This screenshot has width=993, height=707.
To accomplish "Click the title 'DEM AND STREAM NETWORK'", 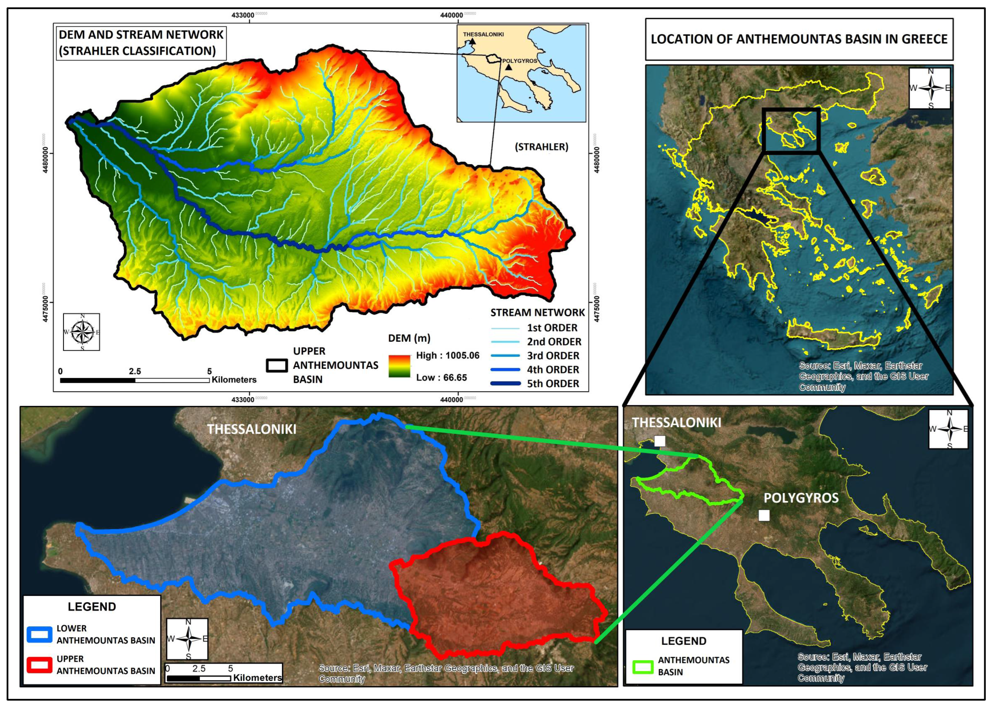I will coord(141,35).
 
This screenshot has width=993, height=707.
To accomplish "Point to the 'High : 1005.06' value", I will coord(447,355).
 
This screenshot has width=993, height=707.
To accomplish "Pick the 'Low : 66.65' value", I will coord(441,377).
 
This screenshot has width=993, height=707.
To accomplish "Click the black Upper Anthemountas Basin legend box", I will coord(277,365).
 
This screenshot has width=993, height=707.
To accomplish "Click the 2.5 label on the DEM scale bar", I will coord(135,371).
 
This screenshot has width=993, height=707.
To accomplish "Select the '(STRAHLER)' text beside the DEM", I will coord(541,147).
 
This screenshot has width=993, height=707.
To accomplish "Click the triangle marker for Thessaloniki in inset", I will coord(472,42).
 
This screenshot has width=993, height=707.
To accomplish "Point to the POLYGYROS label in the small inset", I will coord(520,61).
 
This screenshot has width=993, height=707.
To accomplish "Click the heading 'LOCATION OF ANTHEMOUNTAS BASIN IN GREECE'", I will coord(799,39).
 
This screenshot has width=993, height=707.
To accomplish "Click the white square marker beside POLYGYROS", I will coord(764,515).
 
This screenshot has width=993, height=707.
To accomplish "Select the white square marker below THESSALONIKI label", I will coord(660,441).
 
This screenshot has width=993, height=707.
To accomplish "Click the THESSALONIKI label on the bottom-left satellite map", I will coord(251,429).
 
